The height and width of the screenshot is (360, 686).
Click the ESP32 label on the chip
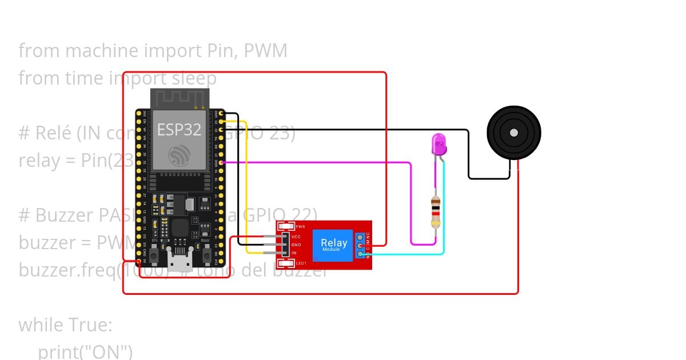(x=179, y=130)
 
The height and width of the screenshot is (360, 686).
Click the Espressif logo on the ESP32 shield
(x=179, y=155)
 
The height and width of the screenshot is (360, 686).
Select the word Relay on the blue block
(x=333, y=242)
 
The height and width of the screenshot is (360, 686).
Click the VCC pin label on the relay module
(x=296, y=237)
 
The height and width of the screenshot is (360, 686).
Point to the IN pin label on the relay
(x=294, y=253)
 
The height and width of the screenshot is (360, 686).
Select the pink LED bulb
(x=438, y=143)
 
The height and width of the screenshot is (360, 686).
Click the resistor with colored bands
(x=436, y=211)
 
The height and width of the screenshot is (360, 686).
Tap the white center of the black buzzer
(x=513, y=133)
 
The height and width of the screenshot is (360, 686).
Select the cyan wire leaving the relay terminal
(x=406, y=254)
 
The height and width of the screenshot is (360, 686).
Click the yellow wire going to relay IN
(x=246, y=189)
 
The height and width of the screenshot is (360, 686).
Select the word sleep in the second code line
(x=192, y=78)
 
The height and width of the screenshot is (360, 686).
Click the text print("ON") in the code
(x=85, y=351)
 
